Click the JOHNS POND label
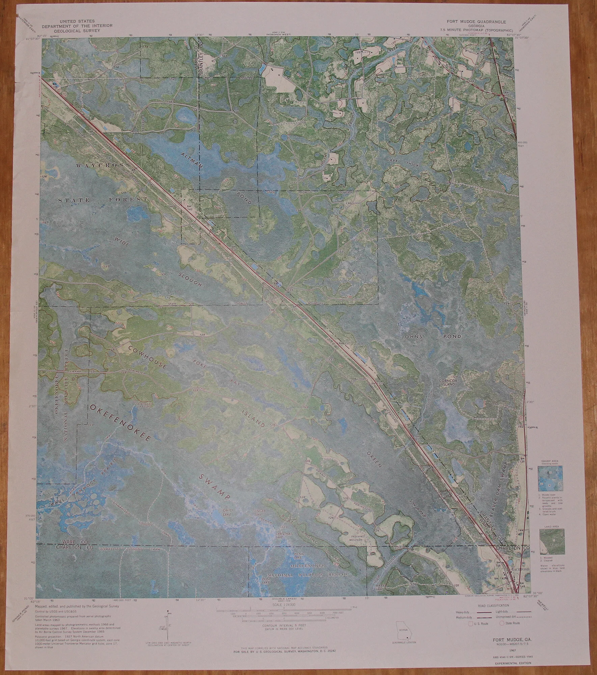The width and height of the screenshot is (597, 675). pyautogui.click(x=426, y=337)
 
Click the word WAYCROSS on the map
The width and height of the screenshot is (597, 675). pyautogui.click(x=103, y=165)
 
